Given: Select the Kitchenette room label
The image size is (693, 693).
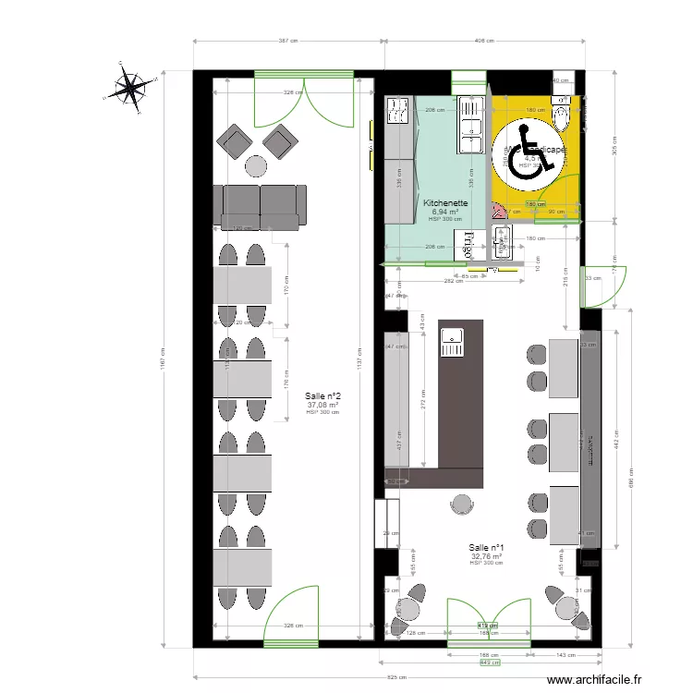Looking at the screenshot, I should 445,202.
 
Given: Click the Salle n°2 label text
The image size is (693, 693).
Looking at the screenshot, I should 322,395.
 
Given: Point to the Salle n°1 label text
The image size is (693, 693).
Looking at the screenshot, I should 486,547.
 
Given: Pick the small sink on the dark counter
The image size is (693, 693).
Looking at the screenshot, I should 452,343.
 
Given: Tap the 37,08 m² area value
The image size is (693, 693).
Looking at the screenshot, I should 322,404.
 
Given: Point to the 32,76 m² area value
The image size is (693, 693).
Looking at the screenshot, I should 486,556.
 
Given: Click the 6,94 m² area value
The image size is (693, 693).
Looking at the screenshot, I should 445,212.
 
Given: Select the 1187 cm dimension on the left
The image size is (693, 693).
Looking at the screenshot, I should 163,351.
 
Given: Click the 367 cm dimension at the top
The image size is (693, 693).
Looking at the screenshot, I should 288,41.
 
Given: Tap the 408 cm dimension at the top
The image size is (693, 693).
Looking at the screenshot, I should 484,41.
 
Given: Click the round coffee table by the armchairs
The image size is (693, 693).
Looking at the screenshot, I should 254,166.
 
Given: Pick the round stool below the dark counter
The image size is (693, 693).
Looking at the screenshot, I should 461,503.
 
